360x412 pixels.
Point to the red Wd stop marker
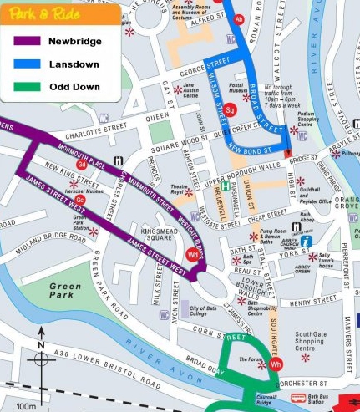point(193,254)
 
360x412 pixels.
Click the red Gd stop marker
point(82,165)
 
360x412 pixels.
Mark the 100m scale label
point(26,406)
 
